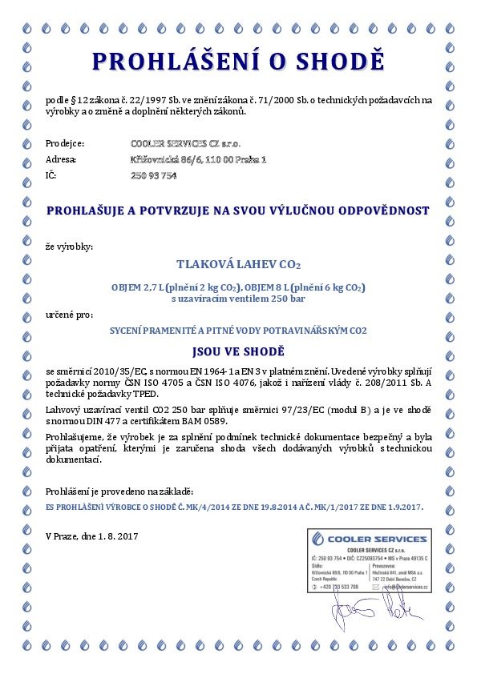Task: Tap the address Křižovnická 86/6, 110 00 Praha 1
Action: [198, 160]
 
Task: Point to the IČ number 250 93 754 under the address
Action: [153, 176]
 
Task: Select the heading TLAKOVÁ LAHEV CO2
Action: [238, 263]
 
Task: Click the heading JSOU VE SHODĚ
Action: [238, 351]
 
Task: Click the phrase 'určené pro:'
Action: [69, 316]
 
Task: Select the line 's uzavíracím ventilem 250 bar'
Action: [238, 299]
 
